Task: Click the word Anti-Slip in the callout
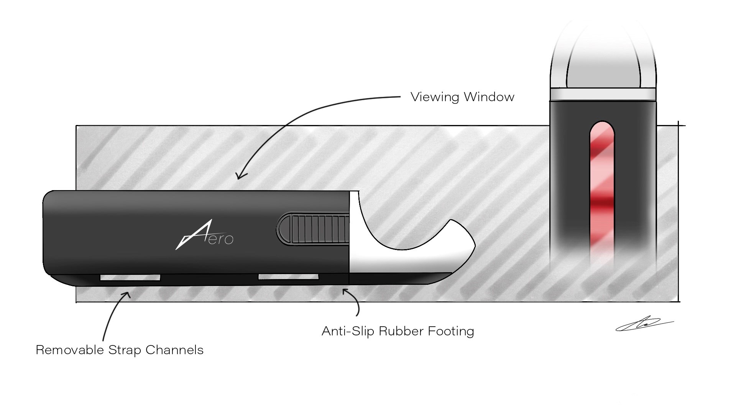pos(348,331)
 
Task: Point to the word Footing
pos(451,331)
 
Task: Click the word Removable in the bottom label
pos(70,350)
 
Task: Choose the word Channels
pos(174,350)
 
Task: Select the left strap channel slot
pos(130,277)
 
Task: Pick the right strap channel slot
pos(288,277)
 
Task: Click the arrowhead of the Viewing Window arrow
pos(239,176)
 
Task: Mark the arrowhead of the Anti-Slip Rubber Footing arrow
pos(345,291)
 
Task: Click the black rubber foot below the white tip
pos(399,278)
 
